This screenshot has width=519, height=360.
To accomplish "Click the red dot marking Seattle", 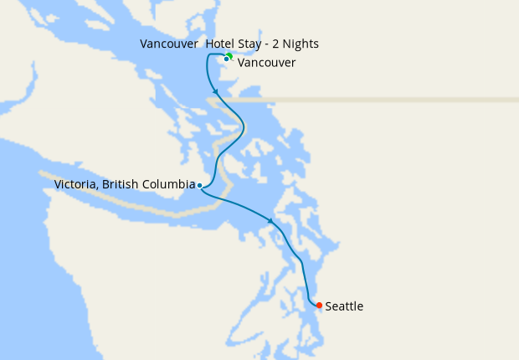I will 319,306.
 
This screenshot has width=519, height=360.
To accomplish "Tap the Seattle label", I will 344,306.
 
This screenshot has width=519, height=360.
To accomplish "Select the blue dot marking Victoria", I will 199,185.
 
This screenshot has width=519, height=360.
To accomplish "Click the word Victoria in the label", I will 74,184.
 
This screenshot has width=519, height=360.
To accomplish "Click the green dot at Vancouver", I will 229,55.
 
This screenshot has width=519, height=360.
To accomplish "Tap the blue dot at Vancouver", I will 226,59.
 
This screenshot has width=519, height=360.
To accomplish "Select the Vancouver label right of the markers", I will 266,63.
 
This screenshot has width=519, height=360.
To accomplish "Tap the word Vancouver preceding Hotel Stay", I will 169,44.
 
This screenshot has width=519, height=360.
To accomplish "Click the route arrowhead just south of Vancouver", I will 216,90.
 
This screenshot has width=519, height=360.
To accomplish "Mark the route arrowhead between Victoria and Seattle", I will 270,221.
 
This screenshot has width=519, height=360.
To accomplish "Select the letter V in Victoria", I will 58,184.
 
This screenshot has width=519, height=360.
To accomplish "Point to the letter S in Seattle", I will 328,306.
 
